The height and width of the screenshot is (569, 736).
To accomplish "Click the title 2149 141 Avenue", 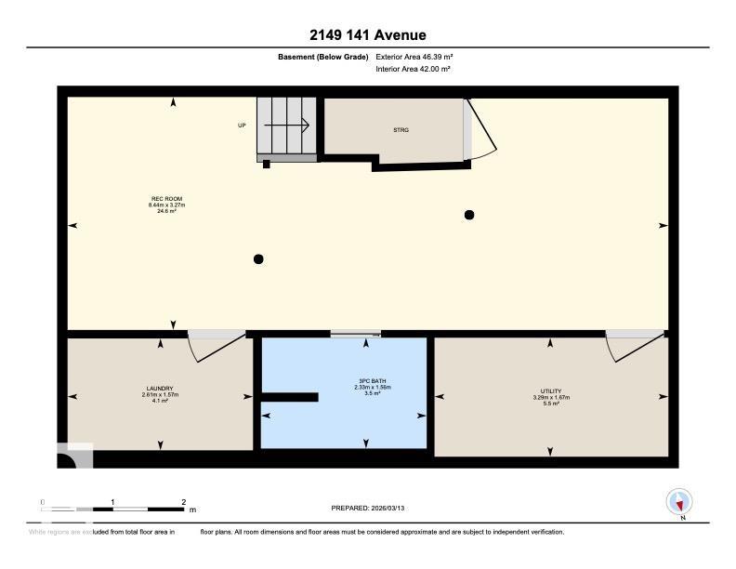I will [368, 35].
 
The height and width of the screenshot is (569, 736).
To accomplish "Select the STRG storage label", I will [401, 130].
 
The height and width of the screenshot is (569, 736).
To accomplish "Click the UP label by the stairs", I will [242, 125].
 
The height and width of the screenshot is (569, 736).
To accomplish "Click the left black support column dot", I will [259, 258].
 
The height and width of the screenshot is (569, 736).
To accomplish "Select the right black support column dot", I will [469, 215].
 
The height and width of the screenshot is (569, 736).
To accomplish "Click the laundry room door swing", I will [206, 349].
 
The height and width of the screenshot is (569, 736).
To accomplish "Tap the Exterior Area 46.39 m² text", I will [414, 57].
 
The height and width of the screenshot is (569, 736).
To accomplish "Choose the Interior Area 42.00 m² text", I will [413, 69].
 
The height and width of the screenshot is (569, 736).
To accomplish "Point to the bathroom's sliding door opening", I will [356, 333].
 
